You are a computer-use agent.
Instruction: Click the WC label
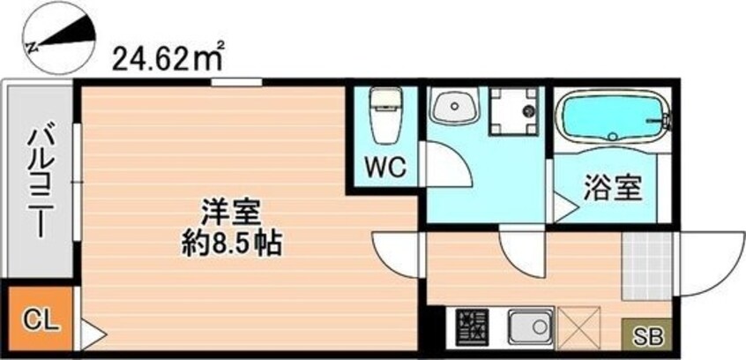pyautogui.click(x=384, y=167)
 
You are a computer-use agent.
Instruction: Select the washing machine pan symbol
pyautogui.click(x=513, y=111)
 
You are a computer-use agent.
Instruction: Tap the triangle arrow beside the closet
pyautogui.click(x=93, y=334)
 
